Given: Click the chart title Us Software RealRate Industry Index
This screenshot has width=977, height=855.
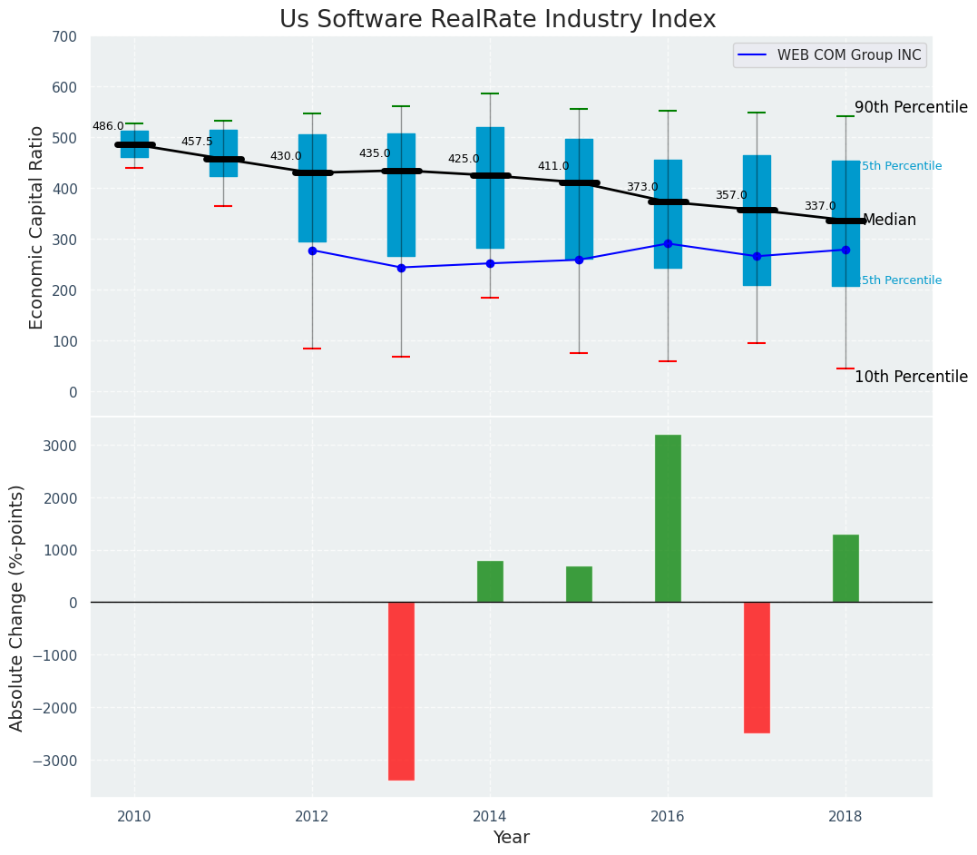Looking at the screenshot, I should (497, 20).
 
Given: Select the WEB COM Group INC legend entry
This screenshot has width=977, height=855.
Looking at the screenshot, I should (848, 55).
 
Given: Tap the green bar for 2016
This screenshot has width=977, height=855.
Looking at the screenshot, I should (668, 518).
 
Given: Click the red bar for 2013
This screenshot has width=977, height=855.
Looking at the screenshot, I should (401, 691).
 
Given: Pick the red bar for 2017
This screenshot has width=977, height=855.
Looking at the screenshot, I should (757, 667).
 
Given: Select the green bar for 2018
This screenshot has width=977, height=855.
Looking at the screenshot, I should (845, 568).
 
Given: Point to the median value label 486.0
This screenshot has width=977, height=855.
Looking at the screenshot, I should (108, 126).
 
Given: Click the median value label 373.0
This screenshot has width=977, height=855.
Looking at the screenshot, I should (642, 187).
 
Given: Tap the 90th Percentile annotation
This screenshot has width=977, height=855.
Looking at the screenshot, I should (911, 107).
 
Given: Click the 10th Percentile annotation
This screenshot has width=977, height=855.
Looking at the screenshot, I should (911, 377).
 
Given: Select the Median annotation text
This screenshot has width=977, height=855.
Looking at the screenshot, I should (889, 221).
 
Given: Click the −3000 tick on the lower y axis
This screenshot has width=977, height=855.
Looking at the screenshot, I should (55, 760).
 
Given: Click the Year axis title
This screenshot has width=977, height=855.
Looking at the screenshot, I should (511, 838).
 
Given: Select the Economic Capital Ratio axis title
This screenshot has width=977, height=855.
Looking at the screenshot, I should (37, 227).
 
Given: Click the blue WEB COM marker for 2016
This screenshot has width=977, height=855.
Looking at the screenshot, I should (668, 243).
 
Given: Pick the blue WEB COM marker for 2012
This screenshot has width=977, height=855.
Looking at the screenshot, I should (312, 251).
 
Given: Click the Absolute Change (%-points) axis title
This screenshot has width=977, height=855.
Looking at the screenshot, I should (17, 607).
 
